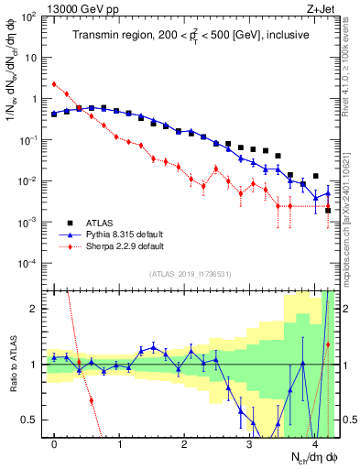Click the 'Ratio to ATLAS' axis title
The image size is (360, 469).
pos(13,364)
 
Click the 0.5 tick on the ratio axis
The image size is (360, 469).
pos(32,420)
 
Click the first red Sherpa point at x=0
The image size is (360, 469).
pos(54,84)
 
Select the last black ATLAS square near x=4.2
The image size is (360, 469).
pos(328,211)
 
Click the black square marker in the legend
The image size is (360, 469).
pos(71,223)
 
